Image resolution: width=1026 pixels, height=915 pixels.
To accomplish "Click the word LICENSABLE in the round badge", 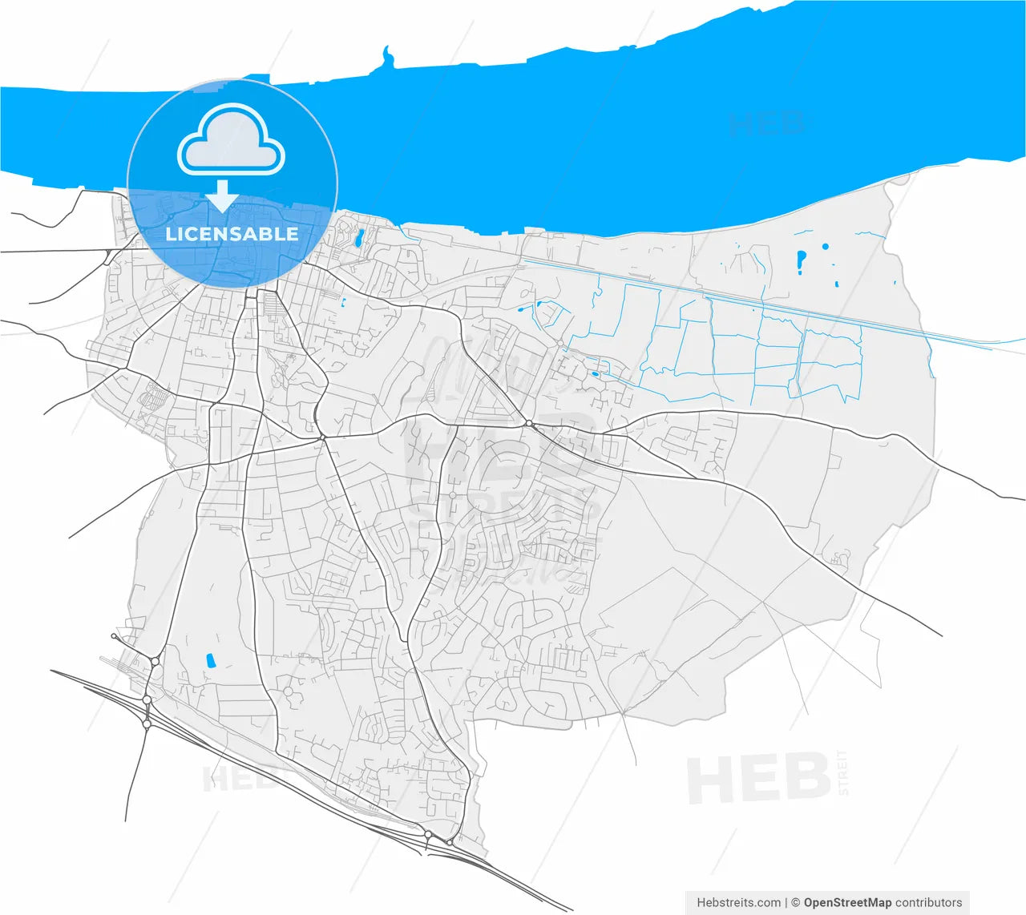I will (232, 234).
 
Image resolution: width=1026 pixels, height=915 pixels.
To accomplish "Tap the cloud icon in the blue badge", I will (231, 141).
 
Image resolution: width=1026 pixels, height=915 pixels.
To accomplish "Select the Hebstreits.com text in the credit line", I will (738, 902).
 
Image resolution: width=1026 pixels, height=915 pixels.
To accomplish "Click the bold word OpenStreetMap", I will (848, 902).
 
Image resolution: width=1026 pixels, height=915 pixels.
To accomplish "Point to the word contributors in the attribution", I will (928, 902).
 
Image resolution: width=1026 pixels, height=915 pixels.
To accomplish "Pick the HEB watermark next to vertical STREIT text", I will (757, 779).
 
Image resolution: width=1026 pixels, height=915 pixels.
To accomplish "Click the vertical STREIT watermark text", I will (842, 773).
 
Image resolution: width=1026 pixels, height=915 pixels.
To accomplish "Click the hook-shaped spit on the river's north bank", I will (388, 58).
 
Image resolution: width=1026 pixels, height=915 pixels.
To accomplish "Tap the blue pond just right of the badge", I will (359, 236).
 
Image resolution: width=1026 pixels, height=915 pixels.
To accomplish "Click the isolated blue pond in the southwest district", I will (212, 661).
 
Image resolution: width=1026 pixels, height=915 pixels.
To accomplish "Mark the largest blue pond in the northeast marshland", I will (801, 260).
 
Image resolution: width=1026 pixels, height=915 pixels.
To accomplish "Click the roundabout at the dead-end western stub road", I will (114, 636).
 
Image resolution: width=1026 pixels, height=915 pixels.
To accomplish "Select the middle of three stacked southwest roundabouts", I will (147, 699).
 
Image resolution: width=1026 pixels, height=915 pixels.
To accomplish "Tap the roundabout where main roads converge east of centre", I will (529, 423).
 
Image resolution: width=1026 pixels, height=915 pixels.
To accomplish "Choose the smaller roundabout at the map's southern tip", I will (450, 842).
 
